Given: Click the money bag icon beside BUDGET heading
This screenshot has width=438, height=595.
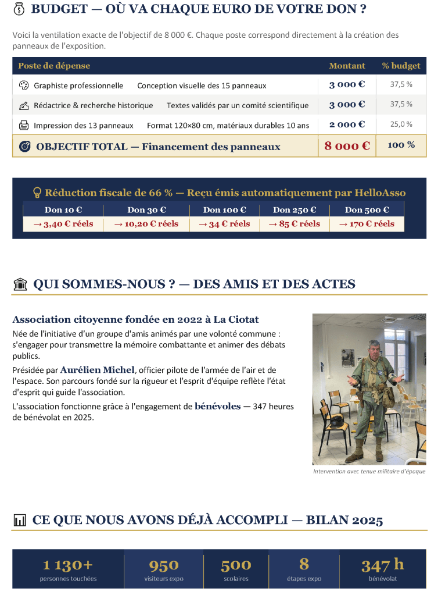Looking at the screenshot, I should [x=19, y=9].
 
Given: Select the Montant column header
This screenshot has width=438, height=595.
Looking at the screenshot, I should [x=347, y=66].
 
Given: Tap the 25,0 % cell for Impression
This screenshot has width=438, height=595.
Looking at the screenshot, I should [x=401, y=124].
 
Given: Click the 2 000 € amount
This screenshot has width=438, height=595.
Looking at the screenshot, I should [x=347, y=124].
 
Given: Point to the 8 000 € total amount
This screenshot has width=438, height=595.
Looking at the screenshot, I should [x=347, y=146].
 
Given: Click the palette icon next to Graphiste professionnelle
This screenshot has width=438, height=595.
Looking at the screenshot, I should [x=24, y=85].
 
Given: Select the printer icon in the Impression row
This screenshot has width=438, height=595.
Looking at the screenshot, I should [x=24, y=125].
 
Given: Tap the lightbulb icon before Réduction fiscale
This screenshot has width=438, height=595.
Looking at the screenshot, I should [x=37, y=193].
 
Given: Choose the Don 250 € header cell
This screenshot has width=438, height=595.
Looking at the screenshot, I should [x=295, y=210].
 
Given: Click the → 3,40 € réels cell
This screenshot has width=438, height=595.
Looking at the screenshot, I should [x=63, y=224].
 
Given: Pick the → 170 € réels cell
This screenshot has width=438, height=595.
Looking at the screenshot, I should [x=366, y=224].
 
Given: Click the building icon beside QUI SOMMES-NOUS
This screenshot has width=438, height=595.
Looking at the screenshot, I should [x=20, y=284].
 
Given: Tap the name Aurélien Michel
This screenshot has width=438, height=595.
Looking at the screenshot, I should [x=98, y=370].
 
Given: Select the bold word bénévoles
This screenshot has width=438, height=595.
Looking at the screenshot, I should [x=217, y=406].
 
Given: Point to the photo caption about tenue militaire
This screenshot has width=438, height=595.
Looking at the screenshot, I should [x=369, y=471].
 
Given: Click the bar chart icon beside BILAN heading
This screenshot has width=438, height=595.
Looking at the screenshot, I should [x=20, y=520].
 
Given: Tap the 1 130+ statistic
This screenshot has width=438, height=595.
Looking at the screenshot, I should [x=68, y=565].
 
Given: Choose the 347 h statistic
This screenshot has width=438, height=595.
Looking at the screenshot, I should [x=382, y=565].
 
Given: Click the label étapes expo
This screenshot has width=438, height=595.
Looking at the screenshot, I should [x=304, y=579].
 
